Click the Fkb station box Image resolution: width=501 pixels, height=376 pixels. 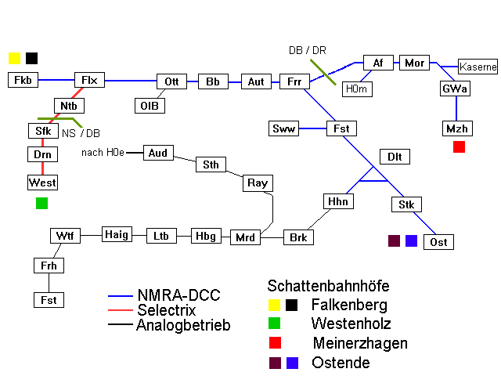(x=23, y=80)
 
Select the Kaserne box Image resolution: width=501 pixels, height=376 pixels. (x=478, y=67)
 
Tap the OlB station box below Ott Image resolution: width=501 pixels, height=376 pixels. (x=149, y=105)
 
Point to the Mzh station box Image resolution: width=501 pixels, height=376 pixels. (x=456, y=128)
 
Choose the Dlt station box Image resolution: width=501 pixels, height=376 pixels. (x=394, y=157)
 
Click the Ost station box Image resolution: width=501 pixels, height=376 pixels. (x=438, y=242)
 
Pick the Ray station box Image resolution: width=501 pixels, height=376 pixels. (x=258, y=183)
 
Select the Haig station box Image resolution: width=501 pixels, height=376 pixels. (x=117, y=234)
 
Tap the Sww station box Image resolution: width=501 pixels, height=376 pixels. (x=283, y=128)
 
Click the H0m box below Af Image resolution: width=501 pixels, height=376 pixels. (x=357, y=89)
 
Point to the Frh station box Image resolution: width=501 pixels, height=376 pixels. (x=49, y=266)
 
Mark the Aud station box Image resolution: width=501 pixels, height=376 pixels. (x=158, y=153)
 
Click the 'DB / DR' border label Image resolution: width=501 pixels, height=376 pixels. (x=308, y=50)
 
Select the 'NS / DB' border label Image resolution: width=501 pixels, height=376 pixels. (x=81, y=133)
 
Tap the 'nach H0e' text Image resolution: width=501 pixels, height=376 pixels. (x=103, y=152)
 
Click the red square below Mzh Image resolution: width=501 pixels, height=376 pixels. (x=460, y=146)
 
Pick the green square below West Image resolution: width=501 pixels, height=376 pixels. (x=41, y=203)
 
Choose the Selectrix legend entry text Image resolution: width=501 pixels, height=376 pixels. (x=168, y=310)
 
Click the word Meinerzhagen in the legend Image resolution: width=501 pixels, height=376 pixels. (x=360, y=343)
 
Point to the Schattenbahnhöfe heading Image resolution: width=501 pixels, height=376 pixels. (x=328, y=286)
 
